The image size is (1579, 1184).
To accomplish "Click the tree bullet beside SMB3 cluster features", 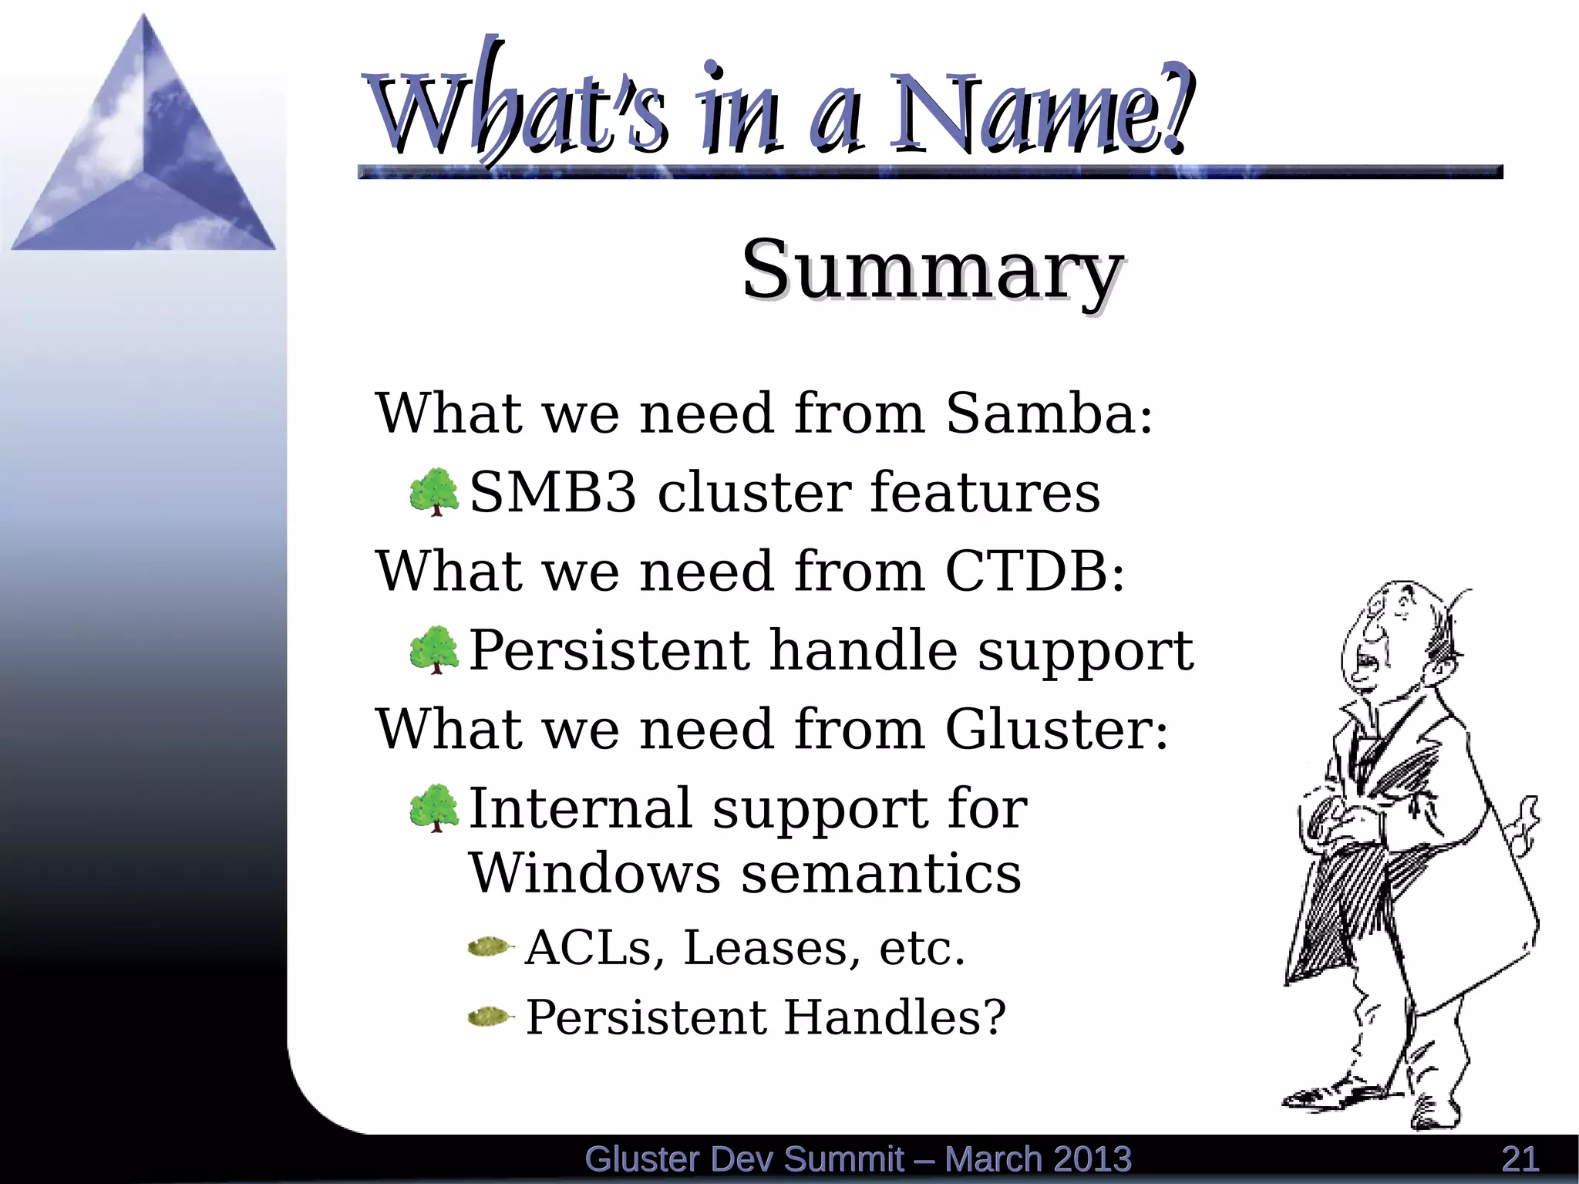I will pyautogui.click(x=434, y=491).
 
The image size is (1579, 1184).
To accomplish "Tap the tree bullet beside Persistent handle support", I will pyautogui.click(x=434, y=649).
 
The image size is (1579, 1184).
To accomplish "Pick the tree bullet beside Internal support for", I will pyautogui.click(x=434, y=808).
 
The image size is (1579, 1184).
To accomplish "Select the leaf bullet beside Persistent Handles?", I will pyautogui.click(x=490, y=1017).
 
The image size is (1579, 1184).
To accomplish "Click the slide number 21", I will pyautogui.click(x=1520, y=1159).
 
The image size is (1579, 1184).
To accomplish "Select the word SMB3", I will pyautogui.click(x=553, y=493).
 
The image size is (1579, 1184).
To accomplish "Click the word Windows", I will pyautogui.click(x=594, y=873).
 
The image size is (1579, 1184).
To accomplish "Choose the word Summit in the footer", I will pyautogui.click(x=843, y=1159).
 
